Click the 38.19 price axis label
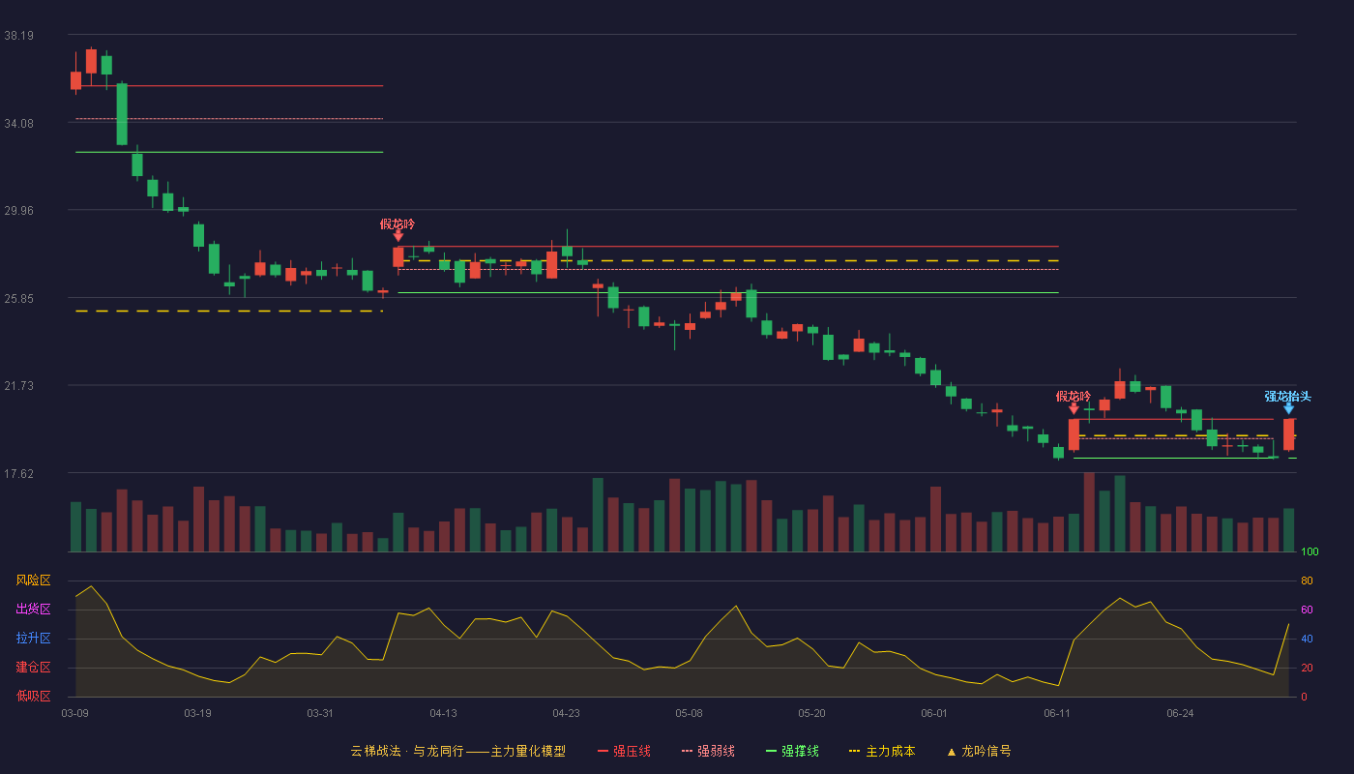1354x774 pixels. click(18, 36)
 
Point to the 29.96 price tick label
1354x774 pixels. click(18, 211)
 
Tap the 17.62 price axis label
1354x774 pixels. click(18, 474)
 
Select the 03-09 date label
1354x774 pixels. click(75, 714)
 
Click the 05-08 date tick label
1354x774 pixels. click(689, 714)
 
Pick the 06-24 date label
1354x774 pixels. click(1180, 714)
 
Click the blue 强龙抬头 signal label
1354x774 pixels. click(1287, 397)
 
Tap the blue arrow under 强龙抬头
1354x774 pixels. click(1288, 409)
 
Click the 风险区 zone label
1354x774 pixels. click(33, 580)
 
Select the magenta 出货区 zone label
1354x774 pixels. click(33, 609)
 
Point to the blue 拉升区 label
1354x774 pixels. click(33, 638)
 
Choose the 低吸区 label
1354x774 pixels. click(33, 696)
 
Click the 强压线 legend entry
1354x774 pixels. click(624, 751)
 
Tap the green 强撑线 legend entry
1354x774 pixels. click(792, 751)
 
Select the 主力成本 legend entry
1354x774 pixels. click(882, 751)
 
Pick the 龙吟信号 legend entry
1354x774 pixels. click(979, 751)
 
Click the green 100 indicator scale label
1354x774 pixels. click(1310, 551)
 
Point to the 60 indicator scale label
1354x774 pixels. click(1307, 610)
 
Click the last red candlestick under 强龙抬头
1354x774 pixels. click(1288, 434)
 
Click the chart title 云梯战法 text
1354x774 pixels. click(375, 751)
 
